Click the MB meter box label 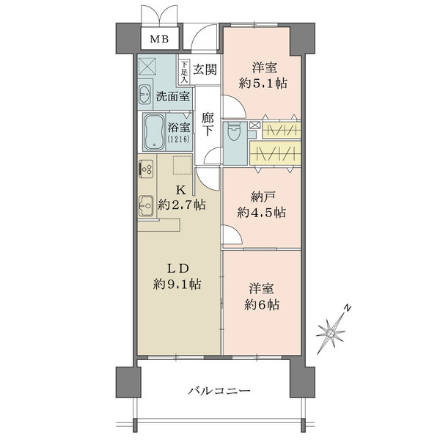pyautogui.click(x=159, y=39)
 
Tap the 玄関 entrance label pyautogui.click(x=205, y=69)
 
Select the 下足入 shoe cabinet pyautogui.click(x=184, y=72)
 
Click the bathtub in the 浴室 pyautogui.click(x=154, y=131)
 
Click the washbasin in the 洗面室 pyautogui.click(x=145, y=95)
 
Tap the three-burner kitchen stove pyautogui.click(x=146, y=169)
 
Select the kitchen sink pyautogui.click(x=146, y=206)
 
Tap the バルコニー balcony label pyautogui.click(x=219, y=391)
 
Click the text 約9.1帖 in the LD pyautogui.click(x=177, y=285)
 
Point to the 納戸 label pyautogui.click(x=261, y=197)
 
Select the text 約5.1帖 pyautogui.click(x=263, y=84)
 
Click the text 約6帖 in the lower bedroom pyautogui.click(x=262, y=304)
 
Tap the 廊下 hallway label pyautogui.click(x=208, y=125)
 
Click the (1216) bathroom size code pyautogui.click(x=179, y=139)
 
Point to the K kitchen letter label pyautogui.click(x=180, y=190)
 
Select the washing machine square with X pyautogui.click(x=147, y=66)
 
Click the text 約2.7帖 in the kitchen pyautogui.click(x=181, y=205)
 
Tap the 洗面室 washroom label pyautogui.click(x=172, y=97)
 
